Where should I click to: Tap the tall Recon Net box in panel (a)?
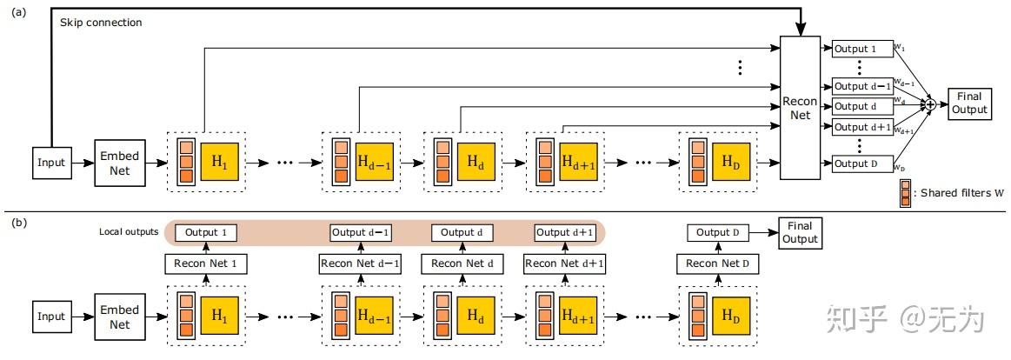800,108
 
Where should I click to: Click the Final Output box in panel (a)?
969,103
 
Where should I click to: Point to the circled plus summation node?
929,104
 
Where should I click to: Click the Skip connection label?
101,23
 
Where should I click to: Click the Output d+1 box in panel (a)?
862,128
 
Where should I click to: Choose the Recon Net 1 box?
205,263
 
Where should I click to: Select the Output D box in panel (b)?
717,233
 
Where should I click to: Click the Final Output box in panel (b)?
800,233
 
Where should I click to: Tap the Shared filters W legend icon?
907,193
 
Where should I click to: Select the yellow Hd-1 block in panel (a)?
376,163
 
